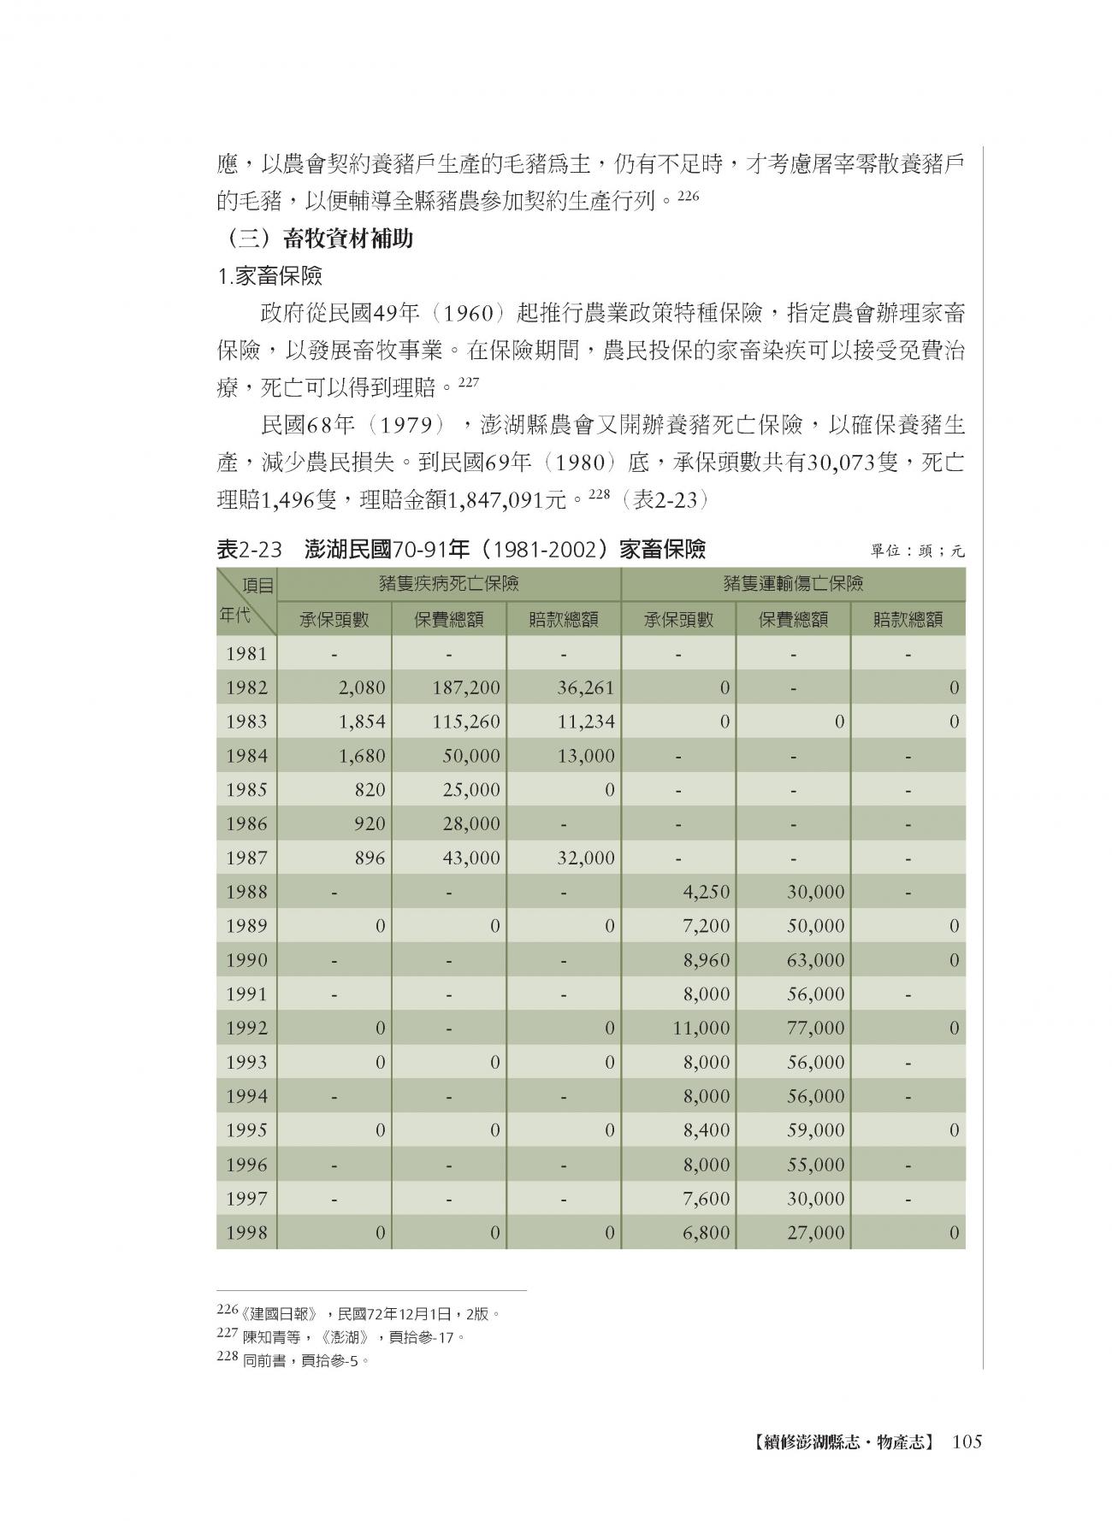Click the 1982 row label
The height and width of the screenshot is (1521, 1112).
246,687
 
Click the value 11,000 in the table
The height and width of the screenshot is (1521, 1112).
701,1028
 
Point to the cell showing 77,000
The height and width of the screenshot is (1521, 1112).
816,1028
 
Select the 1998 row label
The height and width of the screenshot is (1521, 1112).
246,1232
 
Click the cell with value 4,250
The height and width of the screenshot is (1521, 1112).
707,892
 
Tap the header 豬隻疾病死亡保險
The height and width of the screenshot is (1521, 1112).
449,584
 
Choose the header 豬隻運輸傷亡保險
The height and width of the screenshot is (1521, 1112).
793,584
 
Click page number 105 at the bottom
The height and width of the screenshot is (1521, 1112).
966,1442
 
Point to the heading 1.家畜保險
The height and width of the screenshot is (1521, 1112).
269,276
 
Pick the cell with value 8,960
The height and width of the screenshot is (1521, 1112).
707,960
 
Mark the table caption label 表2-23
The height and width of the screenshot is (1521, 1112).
249,550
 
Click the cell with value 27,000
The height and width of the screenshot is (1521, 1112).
816,1232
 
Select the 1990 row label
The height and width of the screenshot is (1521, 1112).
246,960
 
